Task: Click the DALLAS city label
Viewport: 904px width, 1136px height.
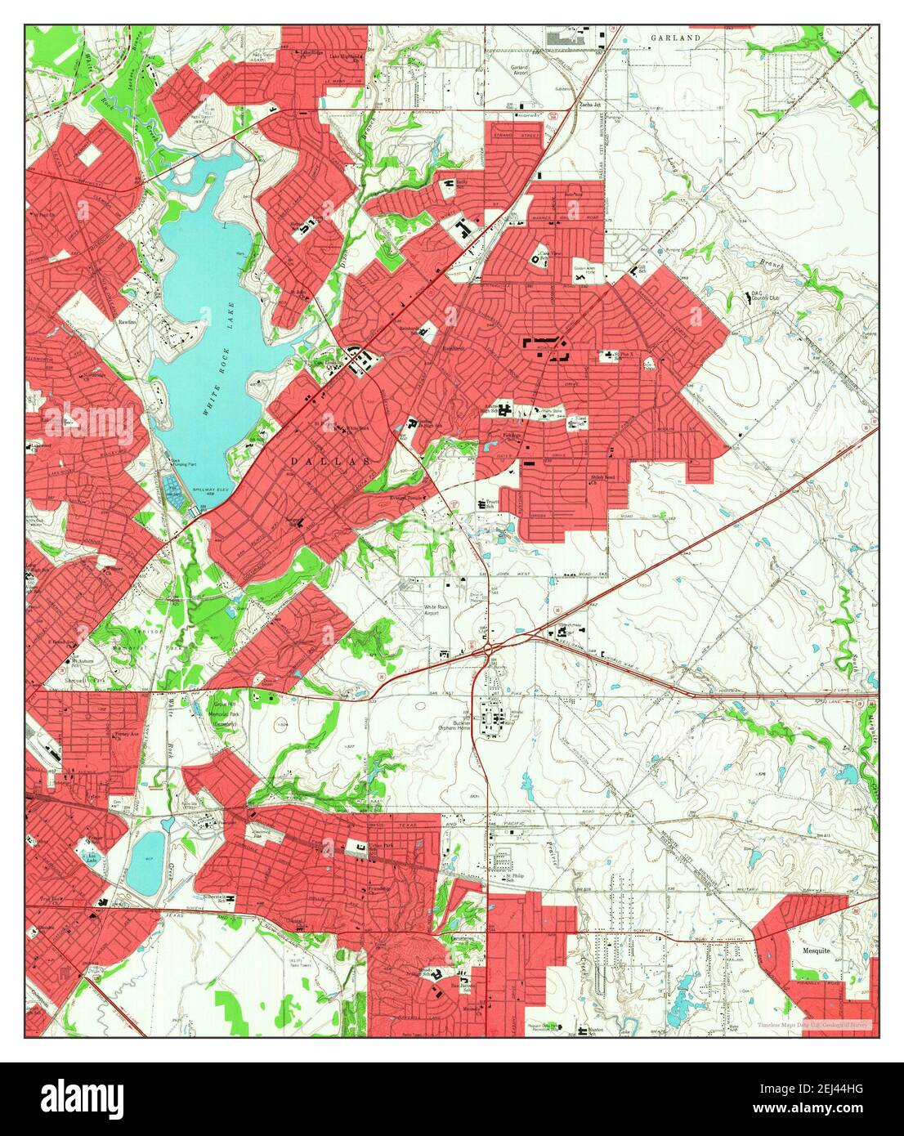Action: point(331,462)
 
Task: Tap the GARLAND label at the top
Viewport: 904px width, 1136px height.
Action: point(677,38)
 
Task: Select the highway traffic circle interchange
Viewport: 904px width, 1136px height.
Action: point(489,649)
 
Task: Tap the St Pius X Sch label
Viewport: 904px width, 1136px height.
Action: point(625,355)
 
